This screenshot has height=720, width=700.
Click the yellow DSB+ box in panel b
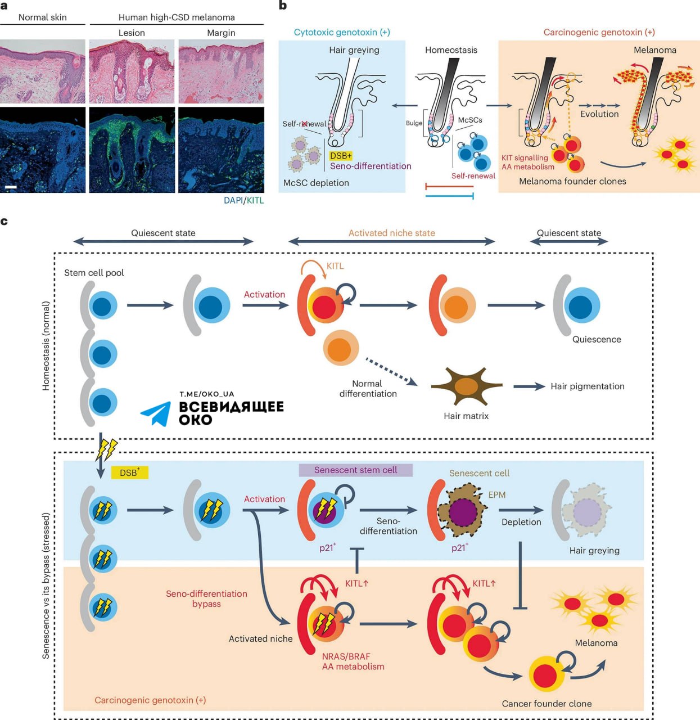pos(341,156)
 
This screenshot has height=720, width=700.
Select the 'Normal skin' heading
pos(42,17)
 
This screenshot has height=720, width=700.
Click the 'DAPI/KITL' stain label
pos(243,200)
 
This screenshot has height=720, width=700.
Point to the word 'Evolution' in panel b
pos(599,114)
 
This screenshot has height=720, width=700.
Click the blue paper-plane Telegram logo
pos(156,413)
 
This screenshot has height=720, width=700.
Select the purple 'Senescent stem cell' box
pos(355,470)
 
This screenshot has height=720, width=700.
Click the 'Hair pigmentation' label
pos(587,386)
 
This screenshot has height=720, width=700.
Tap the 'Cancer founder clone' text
pos(547,704)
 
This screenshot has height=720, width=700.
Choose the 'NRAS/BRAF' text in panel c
pos(346,656)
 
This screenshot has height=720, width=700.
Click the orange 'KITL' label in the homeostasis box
pos(335,266)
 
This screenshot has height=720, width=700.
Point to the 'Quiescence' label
pos(597,340)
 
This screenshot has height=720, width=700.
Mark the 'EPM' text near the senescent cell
pos(497,495)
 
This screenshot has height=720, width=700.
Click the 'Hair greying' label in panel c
pos(594,551)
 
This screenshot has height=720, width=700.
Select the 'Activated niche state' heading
pos(391,233)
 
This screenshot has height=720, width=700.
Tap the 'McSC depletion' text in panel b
pos(316,183)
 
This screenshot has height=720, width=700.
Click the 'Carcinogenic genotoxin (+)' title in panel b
pos(599,33)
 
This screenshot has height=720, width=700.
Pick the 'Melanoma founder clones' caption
pos(572,181)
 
